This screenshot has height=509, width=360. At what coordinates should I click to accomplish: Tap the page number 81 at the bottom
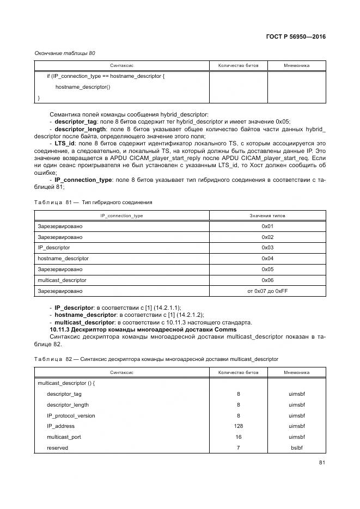coord(322,463)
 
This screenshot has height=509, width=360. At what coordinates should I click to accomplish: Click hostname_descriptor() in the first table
coord(83,87)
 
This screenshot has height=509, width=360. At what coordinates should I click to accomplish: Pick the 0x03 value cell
coord(267,247)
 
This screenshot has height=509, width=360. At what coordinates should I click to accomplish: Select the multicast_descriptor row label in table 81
coord(62,280)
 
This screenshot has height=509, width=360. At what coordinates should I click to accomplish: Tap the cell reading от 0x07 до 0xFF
coord(267,291)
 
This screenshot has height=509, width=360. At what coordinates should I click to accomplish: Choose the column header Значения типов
coord(267,216)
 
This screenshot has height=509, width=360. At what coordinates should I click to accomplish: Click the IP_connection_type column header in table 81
coord(121,216)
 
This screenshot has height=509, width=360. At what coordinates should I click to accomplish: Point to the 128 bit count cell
coord(238,426)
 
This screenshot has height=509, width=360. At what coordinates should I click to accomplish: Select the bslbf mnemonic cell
coord(297,448)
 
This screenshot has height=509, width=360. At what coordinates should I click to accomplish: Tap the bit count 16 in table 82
coord(238,437)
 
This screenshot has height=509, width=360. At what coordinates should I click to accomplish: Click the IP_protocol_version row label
coord(71,415)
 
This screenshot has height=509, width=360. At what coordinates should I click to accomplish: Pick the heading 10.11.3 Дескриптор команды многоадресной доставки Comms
coord(143,329)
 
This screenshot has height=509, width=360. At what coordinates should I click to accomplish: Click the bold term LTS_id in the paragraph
coord(65,143)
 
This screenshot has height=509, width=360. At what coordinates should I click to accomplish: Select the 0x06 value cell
coord(267,280)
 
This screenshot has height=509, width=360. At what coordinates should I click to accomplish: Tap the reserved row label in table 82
coord(57,448)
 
